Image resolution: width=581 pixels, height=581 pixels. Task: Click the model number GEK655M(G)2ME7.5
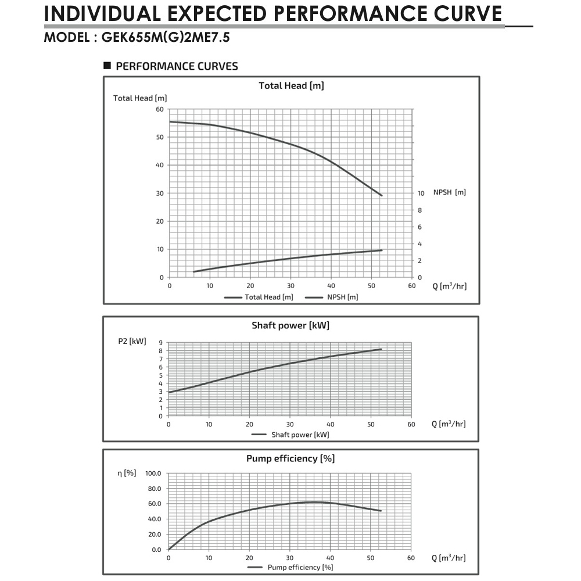point(170,38)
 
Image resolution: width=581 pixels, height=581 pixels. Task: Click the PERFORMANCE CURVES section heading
point(177,66)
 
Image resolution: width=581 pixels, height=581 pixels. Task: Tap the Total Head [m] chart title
point(291,86)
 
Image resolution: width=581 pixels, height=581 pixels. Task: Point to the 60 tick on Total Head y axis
point(159,109)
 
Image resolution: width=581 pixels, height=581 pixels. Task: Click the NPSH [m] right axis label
point(450,192)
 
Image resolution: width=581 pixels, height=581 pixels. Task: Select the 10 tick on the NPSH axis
point(421,193)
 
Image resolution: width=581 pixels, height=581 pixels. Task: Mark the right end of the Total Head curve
point(382,196)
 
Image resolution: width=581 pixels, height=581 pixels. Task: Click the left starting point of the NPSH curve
point(193,271)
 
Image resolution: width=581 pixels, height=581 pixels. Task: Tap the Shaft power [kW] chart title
point(290,325)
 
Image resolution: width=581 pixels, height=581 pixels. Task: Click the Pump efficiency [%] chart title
point(290,458)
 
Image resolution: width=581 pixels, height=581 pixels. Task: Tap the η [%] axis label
point(127,473)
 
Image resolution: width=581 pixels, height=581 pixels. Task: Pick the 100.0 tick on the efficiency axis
point(153,474)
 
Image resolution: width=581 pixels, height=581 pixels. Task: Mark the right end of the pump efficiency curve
point(381,511)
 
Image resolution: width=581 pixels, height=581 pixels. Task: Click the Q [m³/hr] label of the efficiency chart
point(449,558)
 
